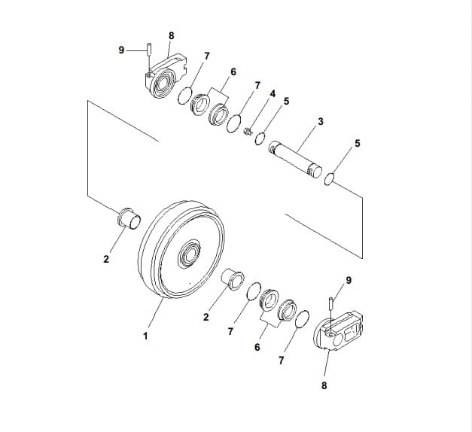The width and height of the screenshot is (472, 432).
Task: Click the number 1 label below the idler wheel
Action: click(145, 336)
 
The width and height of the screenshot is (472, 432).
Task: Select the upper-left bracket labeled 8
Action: click(163, 78)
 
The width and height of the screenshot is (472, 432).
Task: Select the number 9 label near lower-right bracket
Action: click(347, 280)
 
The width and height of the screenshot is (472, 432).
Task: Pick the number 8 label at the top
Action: click(171, 35)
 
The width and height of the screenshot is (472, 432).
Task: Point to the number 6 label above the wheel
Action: click(233, 71)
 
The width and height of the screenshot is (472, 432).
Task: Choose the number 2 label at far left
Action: click(106, 260)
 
